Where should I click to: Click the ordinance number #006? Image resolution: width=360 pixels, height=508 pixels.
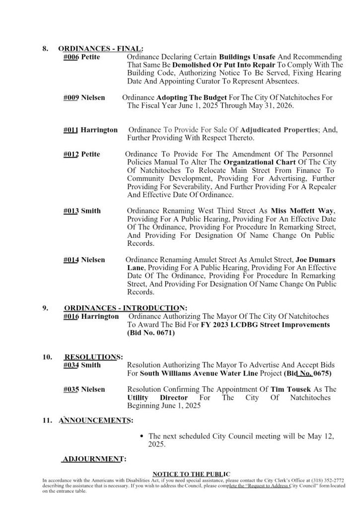[72, 57]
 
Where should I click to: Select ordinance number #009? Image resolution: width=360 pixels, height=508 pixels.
[72, 98]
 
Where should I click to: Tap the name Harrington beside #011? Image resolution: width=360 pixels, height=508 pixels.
[99, 130]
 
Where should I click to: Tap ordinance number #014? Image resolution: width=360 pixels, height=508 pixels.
[72, 260]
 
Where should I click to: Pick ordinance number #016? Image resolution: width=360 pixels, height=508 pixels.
[72, 317]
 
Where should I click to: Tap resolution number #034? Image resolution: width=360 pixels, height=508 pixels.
[72, 365]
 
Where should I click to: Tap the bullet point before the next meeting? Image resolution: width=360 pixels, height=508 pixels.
[143, 436]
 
